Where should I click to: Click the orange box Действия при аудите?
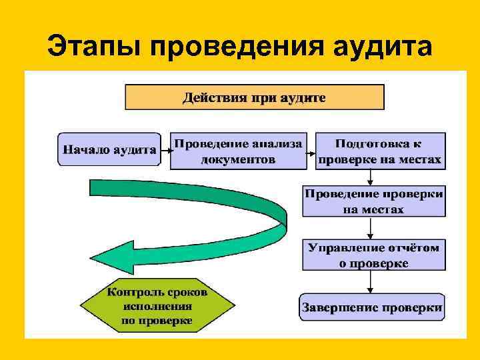[255, 97]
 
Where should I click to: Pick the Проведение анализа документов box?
[238, 151]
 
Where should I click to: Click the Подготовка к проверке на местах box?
[380, 151]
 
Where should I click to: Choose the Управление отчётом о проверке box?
[373, 255]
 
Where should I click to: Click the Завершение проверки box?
[372, 308]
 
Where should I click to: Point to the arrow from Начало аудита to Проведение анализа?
[165, 151]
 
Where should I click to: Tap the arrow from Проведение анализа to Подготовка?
[310, 151]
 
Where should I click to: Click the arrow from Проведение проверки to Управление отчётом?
[372, 228]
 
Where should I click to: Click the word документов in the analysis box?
[238, 160]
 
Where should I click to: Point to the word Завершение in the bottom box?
[338, 308]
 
